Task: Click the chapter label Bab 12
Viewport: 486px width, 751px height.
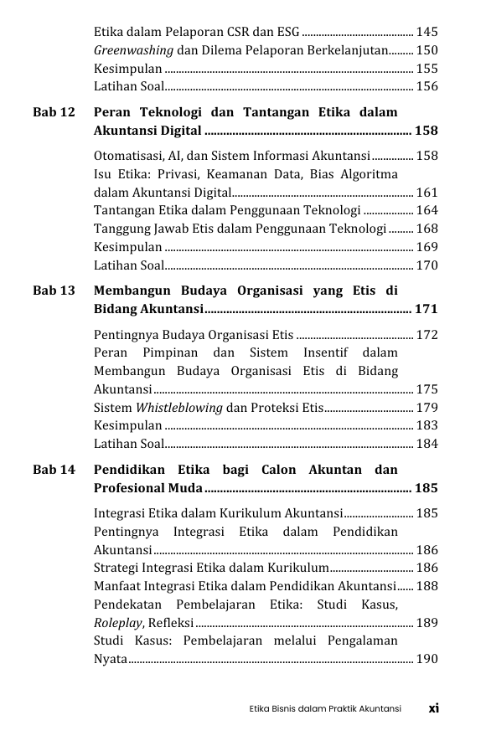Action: point(54,112)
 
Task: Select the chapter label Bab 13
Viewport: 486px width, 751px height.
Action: point(54,291)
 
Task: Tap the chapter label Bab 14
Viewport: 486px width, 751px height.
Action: point(54,471)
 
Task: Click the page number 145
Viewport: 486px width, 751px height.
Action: point(427,32)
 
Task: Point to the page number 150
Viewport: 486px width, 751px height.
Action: point(427,50)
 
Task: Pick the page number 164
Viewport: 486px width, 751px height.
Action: point(427,210)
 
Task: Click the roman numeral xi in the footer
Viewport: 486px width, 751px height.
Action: point(434,708)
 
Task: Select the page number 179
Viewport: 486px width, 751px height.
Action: point(427,408)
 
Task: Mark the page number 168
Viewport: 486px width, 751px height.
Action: point(427,229)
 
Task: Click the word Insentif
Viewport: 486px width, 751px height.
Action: point(315,353)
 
